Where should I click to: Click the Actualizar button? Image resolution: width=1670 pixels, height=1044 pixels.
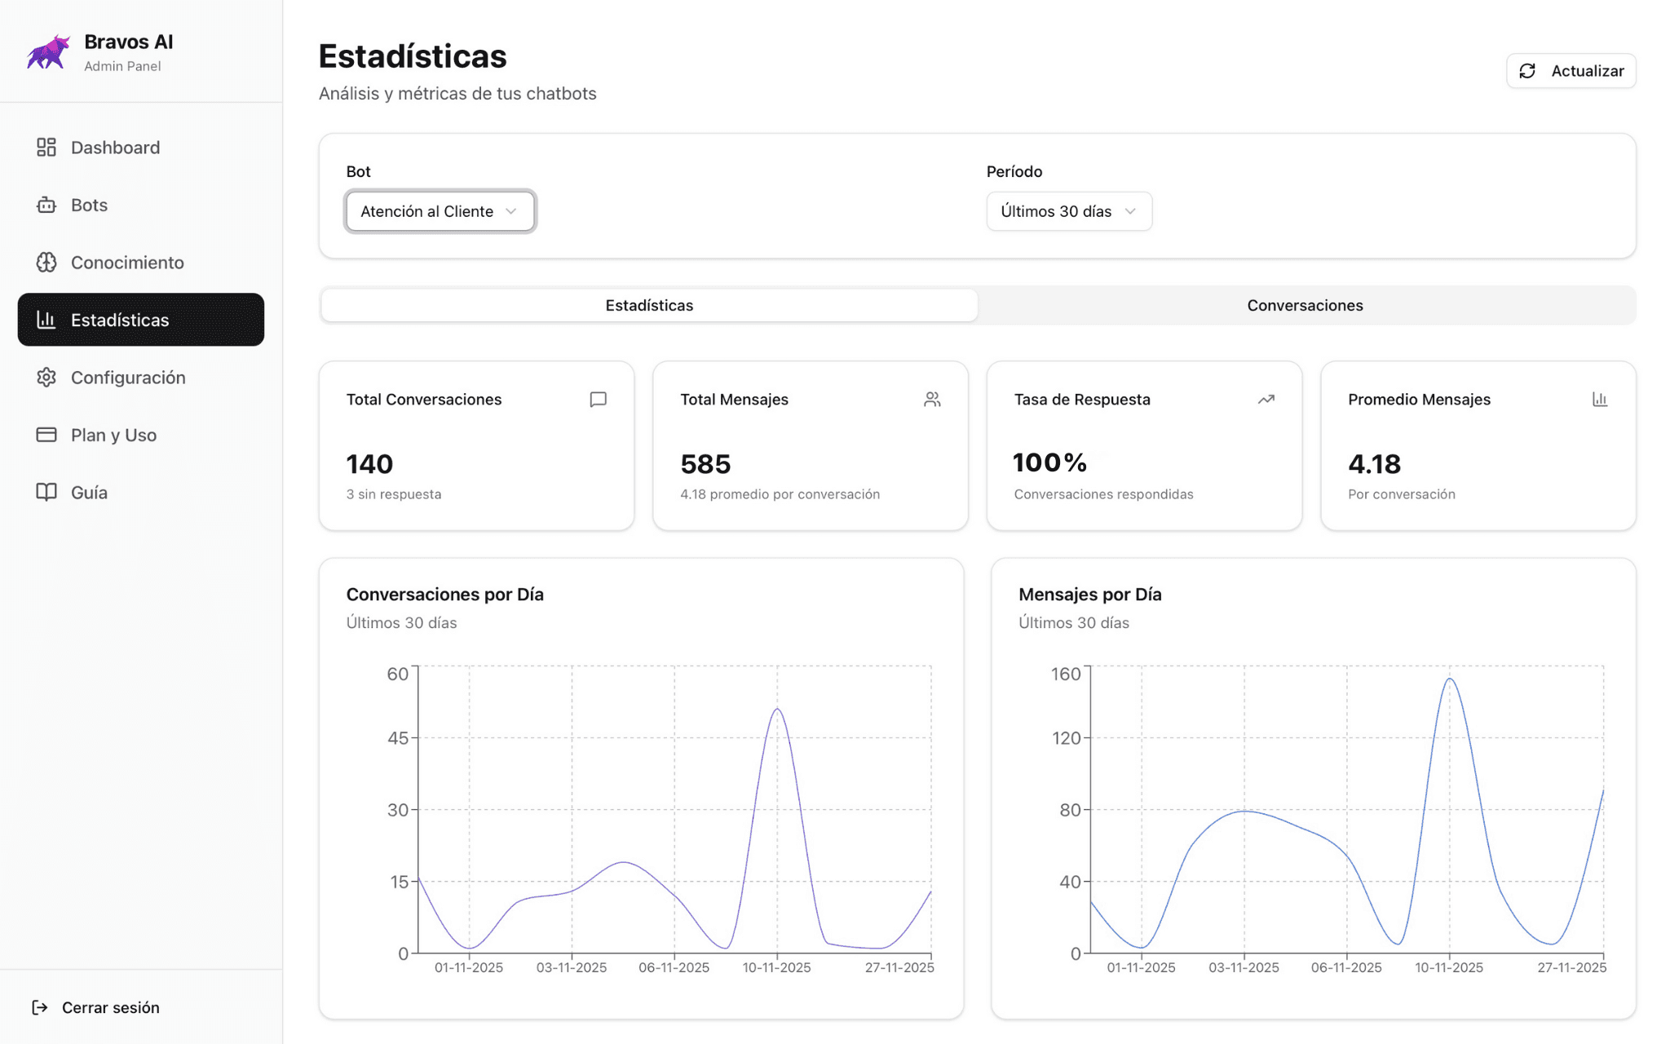point(1571,71)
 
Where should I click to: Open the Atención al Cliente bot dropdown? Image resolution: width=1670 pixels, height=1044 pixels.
point(440,211)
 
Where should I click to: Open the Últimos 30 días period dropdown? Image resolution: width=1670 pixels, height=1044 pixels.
point(1068,211)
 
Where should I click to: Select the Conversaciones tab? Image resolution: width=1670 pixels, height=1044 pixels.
point(1305,305)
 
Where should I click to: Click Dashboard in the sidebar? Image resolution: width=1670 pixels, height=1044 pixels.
point(115,148)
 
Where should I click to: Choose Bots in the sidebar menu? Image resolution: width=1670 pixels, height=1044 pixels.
point(89,205)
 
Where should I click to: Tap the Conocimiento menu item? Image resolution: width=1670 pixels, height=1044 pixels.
point(126,263)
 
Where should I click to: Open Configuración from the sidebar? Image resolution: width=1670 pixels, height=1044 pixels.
point(128,378)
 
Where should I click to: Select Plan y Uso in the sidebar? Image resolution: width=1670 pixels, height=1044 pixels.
point(113,435)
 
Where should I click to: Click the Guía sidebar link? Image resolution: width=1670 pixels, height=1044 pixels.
point(89,493)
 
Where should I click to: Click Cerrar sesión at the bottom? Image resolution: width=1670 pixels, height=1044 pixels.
point(110,1007)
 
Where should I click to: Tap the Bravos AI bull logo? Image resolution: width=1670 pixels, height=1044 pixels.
point(48,52)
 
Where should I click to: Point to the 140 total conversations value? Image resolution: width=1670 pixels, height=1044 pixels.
point(369,464)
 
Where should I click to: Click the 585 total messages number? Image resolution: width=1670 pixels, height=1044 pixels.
point(705,464)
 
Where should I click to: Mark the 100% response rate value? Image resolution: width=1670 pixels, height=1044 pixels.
point(1049,462)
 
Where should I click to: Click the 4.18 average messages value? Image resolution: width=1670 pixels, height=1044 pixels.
point(1374,464)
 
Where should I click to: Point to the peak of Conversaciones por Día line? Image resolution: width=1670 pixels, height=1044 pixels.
point(777,709)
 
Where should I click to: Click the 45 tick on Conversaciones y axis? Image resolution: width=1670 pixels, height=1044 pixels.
point(398,738)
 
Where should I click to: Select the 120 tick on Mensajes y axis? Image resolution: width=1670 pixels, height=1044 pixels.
point(1066,738)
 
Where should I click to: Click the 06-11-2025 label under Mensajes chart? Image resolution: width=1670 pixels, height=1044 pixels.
point(1346,967)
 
